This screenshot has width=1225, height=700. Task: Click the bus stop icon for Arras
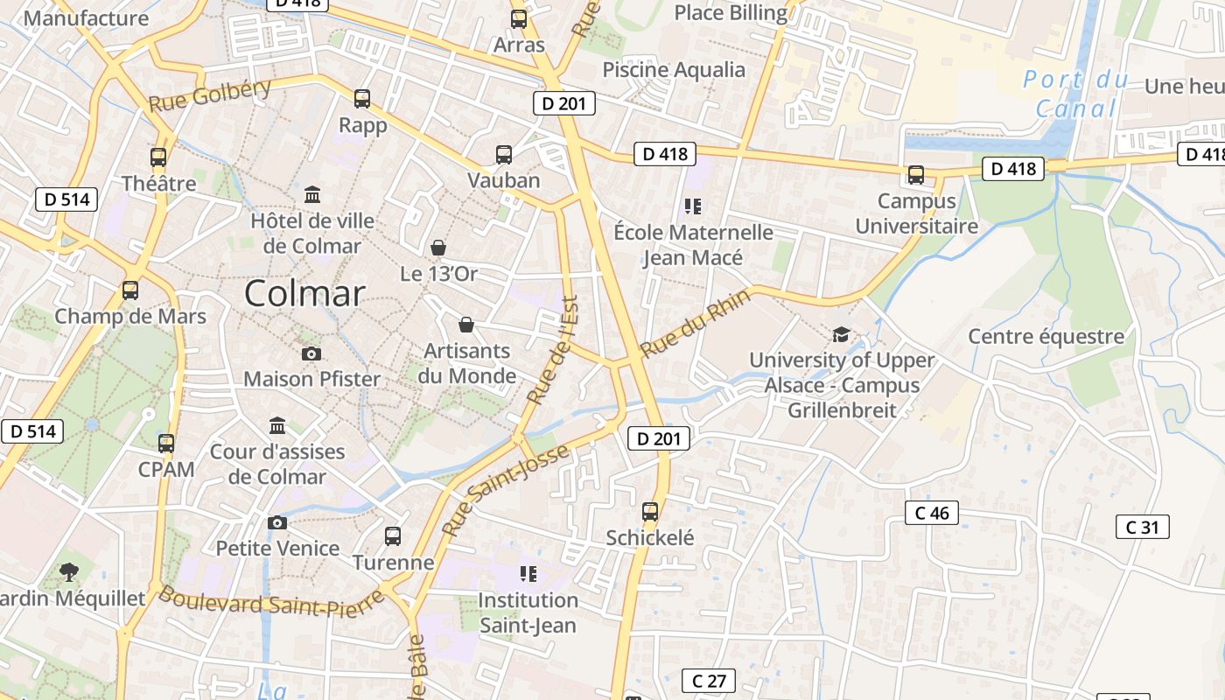tap(519, 18)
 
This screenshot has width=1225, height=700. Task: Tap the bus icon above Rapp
tap(362, 99)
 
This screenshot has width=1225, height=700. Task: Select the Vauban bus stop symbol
tap(504, 155)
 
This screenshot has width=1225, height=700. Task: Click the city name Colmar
tap(304, 293)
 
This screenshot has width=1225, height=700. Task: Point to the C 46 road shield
tap(932, 513)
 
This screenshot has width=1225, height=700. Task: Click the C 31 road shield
tap(1143, 527)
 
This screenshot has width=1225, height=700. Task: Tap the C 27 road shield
tap(709, 681)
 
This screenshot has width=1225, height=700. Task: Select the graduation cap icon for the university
tap(841, 334)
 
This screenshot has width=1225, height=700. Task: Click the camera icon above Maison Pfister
tap(311, 353)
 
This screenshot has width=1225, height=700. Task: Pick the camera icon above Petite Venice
tap(277, 522)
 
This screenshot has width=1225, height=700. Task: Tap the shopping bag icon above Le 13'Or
tap(438, 248)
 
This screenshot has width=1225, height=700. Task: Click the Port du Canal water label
tap(1076, 94)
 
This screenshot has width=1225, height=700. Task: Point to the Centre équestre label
tap(1046, 337)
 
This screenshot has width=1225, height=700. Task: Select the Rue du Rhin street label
tap(696, 323)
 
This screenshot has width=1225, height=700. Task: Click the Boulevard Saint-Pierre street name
tap(271, 603)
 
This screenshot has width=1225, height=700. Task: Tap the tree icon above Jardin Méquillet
tap(69, 573)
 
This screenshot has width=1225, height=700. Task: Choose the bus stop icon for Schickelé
tap(650, 512)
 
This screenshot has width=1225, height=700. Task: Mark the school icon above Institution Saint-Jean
tap(528, 574)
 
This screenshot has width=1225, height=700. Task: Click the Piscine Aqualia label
tap(674, 70)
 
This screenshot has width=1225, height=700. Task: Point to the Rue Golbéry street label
tap(210, 95)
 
